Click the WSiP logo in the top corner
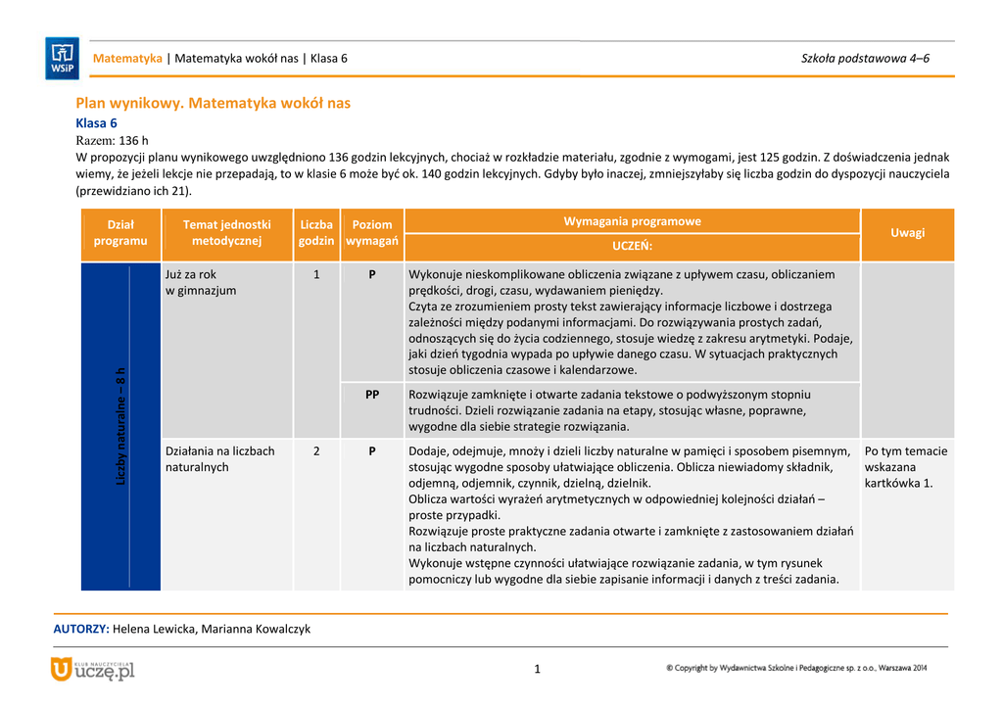62,58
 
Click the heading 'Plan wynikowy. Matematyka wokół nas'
213,103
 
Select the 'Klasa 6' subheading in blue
96,123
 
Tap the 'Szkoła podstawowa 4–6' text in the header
865,58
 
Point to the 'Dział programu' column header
120,233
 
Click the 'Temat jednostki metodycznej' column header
226,233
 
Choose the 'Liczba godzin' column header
316,233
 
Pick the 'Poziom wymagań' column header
372,233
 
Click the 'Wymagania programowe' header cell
632,221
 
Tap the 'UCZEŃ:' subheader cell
632,246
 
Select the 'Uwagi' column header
907,233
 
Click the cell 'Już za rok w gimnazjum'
201,282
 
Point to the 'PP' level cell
372,394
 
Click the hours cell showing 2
316,450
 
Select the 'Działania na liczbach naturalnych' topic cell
220,458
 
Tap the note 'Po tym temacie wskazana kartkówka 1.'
906,466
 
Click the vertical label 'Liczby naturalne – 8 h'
120,426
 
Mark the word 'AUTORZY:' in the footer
80,629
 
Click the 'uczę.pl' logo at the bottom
93,670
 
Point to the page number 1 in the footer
538,670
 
